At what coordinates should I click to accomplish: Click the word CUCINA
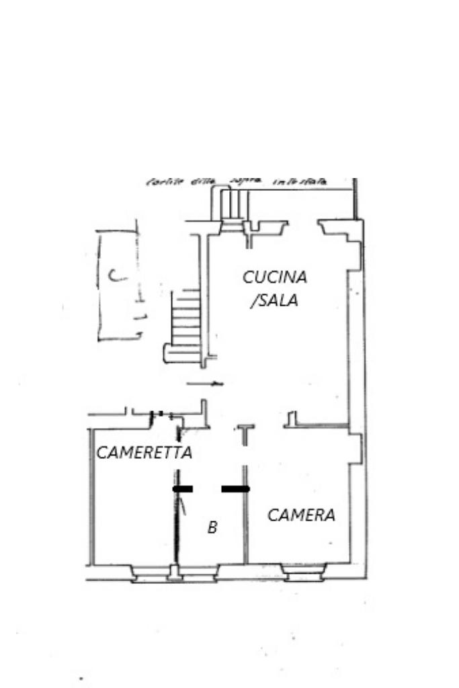click(x=275, y=277)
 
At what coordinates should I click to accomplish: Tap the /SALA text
click(x=274, y=300)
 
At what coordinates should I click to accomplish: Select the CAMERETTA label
click(x=144, y=453)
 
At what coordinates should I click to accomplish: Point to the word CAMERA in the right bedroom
click(x=301, y=515)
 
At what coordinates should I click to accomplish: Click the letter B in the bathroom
click(x=212, y=528)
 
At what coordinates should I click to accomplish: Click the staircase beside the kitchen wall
click(x=185, y=316)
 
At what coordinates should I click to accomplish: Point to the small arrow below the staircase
click(x=205, y=384)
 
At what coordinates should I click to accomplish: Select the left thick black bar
click(x=183, y=489)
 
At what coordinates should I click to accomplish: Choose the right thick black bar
click(x=235, y=489)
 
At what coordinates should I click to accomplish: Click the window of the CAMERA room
click(x=303, y=573)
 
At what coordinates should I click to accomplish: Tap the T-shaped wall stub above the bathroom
click(x=245, y=430)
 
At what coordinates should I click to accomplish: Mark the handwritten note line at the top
click(x=235, y=182)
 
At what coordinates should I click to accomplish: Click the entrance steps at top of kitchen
click(x=231, y=202)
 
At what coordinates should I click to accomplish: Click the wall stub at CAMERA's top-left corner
click(x=292, y=420)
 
